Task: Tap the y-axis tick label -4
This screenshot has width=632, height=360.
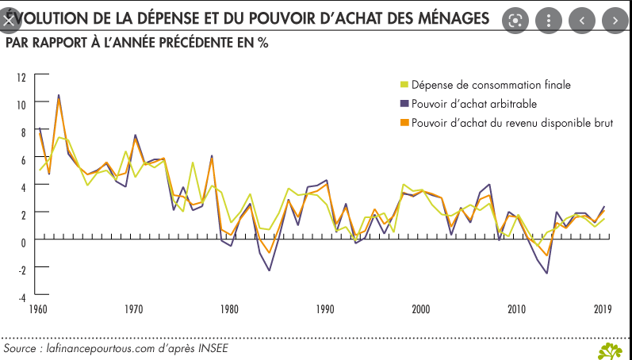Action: (22, 297)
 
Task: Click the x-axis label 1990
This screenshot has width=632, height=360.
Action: (326, 309)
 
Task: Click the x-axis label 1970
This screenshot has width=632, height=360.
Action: (135, 309)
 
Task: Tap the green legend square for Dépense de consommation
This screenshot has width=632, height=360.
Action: (404, 85)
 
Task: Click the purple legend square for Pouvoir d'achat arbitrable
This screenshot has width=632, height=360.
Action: (404, 104)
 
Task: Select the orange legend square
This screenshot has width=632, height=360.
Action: (404, 123)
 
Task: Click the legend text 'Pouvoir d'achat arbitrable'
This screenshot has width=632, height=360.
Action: (474, 104)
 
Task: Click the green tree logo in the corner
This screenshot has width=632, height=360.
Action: (611, 350)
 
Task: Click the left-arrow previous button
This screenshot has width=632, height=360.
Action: (581, 20)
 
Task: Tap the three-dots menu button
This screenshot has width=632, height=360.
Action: (548, 20)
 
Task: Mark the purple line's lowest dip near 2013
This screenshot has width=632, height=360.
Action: (546, 274)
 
